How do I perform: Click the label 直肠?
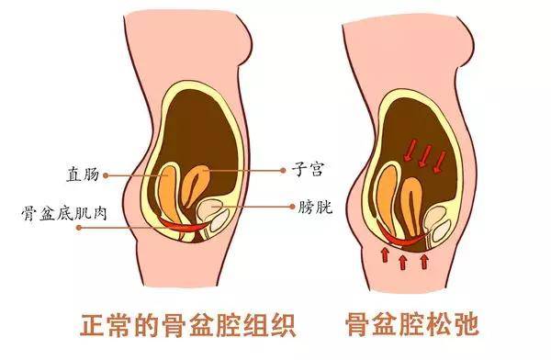coord(83,174)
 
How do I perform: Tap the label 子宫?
coord(307,170)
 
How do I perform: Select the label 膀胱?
coord(315,207)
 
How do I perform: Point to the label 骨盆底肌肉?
coord(64,213)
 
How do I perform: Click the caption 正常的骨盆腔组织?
coord(188,325)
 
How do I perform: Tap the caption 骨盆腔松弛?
coord(412,325)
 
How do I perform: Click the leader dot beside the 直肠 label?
coord(106,175)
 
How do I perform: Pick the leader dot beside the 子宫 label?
coord(283,171)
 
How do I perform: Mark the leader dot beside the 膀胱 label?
coord(292,207)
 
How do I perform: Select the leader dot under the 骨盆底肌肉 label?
coord(79,228)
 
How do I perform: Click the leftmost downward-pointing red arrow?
coord(410,150)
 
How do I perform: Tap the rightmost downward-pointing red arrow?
coord(439,162)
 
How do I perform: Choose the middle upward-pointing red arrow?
coord(403,263)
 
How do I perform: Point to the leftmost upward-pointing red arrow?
coord(385,255)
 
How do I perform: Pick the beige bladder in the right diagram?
coord(437,224)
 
